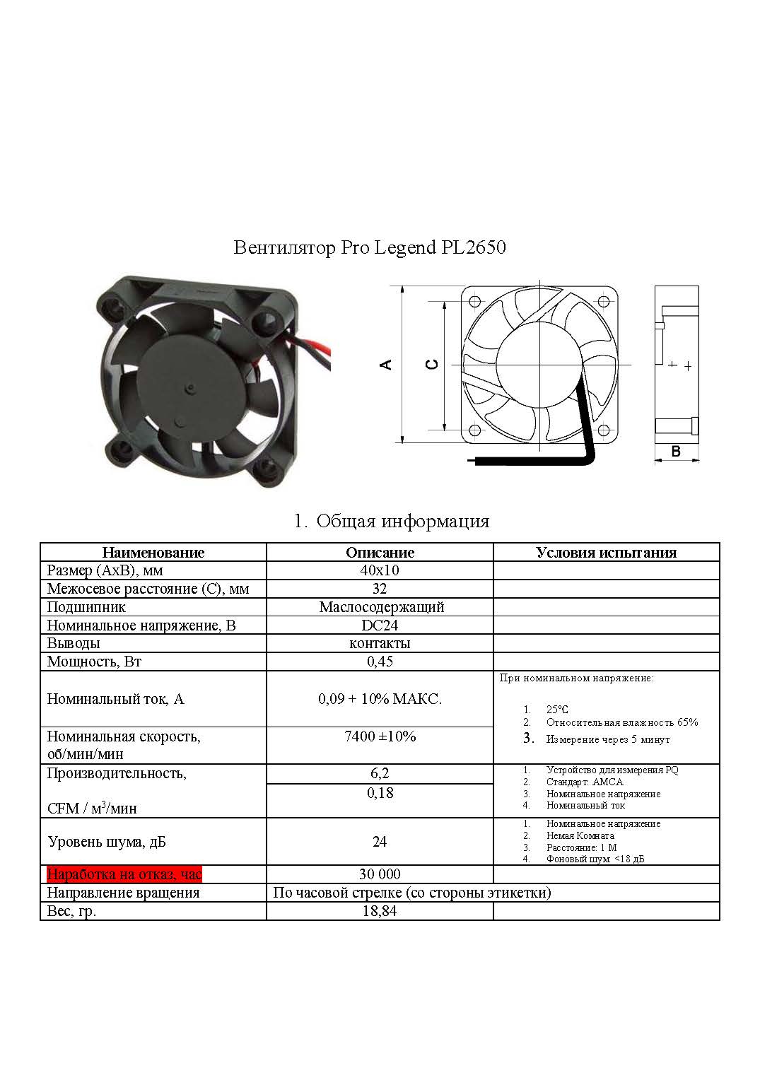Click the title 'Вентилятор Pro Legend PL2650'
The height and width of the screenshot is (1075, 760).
click(x=369, y=248)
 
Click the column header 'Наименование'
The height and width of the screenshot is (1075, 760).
click(x=153, y=553)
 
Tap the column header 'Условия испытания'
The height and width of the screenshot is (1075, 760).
click(x=606, y=553)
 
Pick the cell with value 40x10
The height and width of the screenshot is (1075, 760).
click(x=380, y=570)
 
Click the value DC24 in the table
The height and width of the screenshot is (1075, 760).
click(x=380, y=625)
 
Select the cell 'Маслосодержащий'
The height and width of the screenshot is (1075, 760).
click(x=381, y=607)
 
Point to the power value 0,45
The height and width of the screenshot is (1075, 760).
click(x=380, y=662)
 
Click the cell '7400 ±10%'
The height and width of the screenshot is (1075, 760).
click(x=380, y=736)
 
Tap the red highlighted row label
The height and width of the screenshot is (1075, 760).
click(x=124, y=874)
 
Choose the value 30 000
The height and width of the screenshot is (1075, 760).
click(x=380, y=874)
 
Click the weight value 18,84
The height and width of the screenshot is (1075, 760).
click(x=380, y=911)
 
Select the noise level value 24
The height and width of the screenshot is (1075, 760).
click(x=380, y=842)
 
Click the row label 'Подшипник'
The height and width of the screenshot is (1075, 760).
click(x=86, y=607)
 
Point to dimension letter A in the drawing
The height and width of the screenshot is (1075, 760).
click(x=386, y=365)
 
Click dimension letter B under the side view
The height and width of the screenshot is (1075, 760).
click(x=676, y=451)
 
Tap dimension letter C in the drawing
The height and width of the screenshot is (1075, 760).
click(x=433, y=365)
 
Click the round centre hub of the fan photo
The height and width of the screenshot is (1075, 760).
click(x=192, y=389)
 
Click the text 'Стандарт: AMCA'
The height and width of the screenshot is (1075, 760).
click(x=584, y=782)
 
